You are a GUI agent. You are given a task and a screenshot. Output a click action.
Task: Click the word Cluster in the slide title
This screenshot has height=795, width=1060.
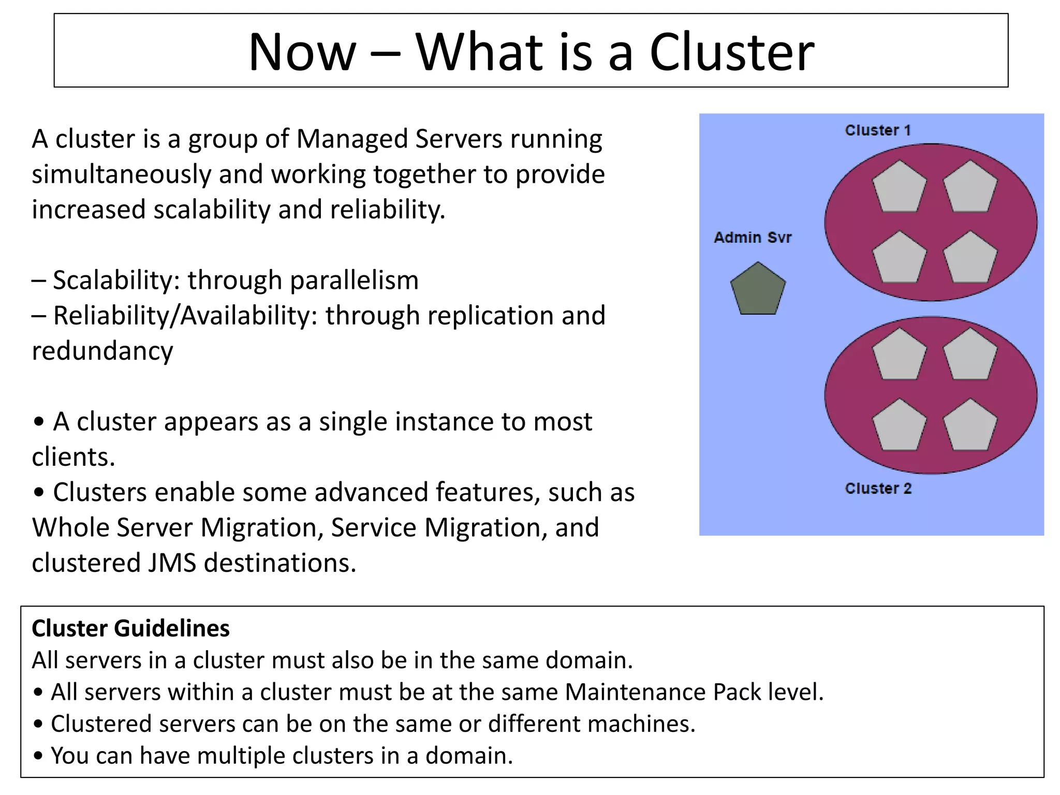[x=731, y=52]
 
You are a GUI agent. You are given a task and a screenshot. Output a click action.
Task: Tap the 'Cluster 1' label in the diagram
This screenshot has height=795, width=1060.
[x=877, y=130]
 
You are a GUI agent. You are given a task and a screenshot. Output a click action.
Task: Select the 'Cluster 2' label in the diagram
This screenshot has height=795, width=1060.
[x=878, y=488]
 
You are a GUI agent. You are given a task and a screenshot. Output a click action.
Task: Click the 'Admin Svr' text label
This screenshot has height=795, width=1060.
[x=753, y=238]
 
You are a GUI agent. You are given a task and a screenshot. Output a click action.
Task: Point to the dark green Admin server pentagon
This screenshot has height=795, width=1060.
[x=758, y=290]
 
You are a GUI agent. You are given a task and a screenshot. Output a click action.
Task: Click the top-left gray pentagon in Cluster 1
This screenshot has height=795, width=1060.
[x=899, y=187]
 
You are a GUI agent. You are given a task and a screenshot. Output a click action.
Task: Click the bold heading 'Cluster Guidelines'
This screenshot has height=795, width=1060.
[x=130, y=628]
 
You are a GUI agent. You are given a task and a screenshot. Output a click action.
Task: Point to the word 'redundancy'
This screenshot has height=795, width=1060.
[x=102, y=351]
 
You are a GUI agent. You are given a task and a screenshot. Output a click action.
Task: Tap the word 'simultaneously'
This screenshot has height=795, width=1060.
[x=121, y=174]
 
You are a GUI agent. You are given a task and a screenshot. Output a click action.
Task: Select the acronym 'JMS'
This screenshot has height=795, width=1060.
[x=172, y=563]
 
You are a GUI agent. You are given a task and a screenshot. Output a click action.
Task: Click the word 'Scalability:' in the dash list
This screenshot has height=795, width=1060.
[x=116, y=280]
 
